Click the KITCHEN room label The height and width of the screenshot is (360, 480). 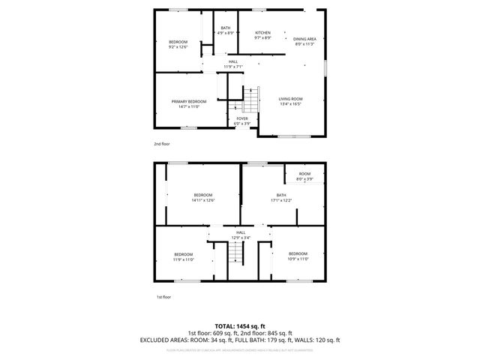(x=262, y=33)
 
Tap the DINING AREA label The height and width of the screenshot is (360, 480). (x=304, y=39)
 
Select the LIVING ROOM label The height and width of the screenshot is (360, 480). (x=290, y=99)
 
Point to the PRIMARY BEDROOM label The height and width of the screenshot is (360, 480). (x=188, y=101)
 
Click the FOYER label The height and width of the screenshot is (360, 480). (x=242, y=118)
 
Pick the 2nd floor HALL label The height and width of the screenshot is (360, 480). (x=233, y=61)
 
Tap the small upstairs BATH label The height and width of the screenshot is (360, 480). (x=226, y=28)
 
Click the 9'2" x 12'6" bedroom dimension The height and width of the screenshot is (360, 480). (x=178, y=47)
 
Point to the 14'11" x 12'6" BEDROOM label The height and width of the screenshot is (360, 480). (x=203, y=195)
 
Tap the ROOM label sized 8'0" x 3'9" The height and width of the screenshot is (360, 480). (x=304, y=174)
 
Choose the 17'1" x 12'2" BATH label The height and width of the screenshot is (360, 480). (x=281, y=195)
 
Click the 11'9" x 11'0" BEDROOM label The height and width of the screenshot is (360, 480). (x=184, y=254)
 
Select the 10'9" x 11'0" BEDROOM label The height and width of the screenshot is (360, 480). (x=298, y=253)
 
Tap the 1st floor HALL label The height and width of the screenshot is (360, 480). (x=241, y=233)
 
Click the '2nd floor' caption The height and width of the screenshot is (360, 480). (x=161, y=142)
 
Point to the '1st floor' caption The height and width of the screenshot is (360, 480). (x=163, y=297)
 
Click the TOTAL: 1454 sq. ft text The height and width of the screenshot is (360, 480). (x=239, y=326)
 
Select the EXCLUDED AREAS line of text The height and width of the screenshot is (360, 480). (x=239, y=340)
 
